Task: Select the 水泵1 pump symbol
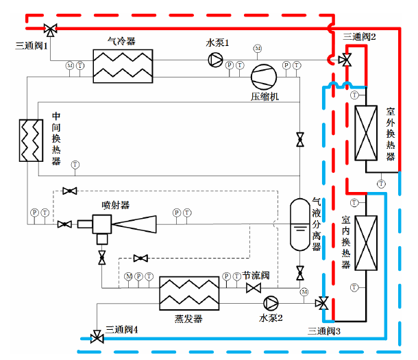[x=216, y=61]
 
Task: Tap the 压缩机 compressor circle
[x=262, y=76]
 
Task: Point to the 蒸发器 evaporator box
[x=189, y=295]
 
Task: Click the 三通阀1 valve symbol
[x=49, y=29]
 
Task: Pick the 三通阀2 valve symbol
[x=346, y=60]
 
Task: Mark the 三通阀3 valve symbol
[x=321, y=302]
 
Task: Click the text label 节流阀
[x=256, y=274]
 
